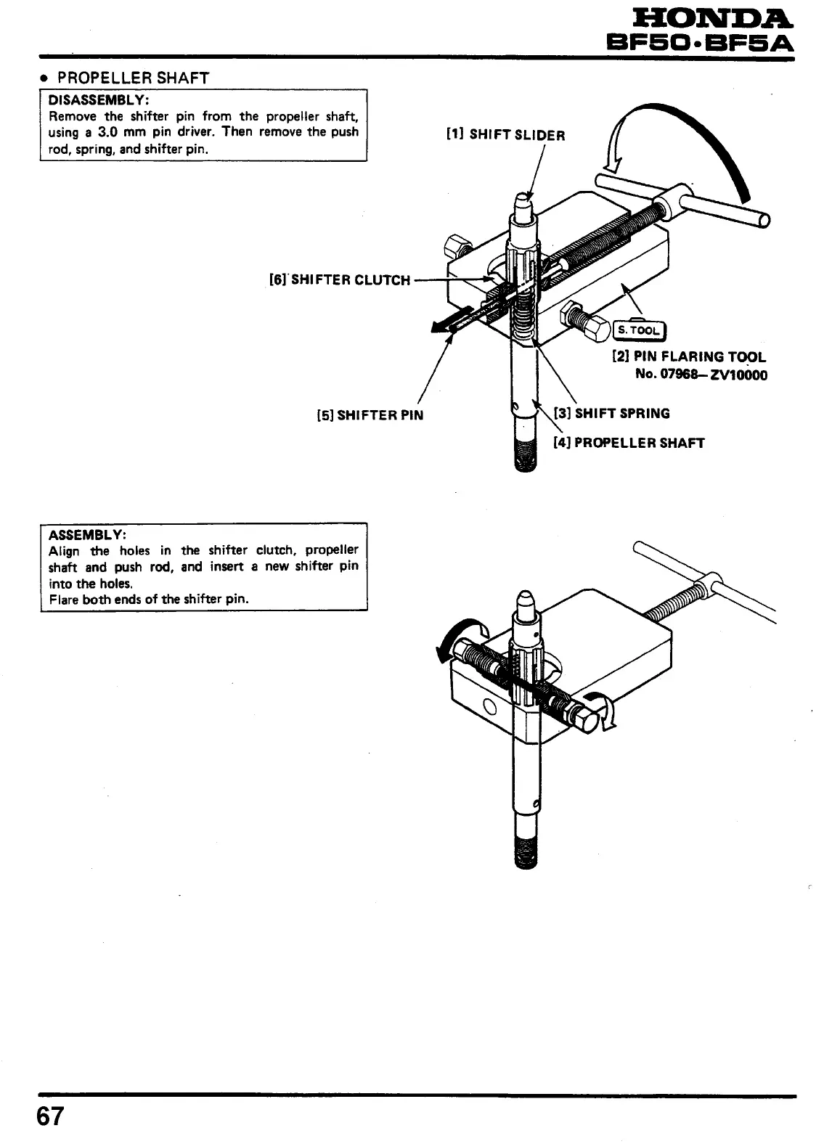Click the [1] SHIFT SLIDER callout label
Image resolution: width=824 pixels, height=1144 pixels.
point(506,134)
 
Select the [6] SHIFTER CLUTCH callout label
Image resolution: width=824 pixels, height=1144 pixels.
point(339,280)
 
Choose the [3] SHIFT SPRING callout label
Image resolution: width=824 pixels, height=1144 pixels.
point(612,414)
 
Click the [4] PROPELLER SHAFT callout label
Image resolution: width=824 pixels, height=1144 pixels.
point(629,443)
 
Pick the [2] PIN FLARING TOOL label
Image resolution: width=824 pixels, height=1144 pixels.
point(689,356)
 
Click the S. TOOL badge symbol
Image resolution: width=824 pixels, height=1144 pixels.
point(639,331)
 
